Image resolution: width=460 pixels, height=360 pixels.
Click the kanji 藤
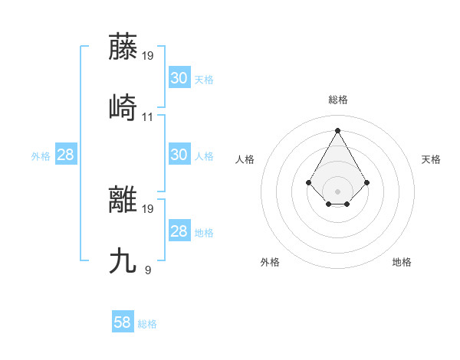(123, 47)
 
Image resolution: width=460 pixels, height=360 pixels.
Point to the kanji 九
(123, 260)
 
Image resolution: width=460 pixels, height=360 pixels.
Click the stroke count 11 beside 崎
(148, 117)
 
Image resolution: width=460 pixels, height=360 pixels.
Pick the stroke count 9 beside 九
(147, 270)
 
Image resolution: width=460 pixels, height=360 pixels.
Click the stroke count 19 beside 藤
(149, 55)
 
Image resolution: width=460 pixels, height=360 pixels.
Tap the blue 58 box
(123, 322)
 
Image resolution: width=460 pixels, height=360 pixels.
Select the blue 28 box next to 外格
(66, 155)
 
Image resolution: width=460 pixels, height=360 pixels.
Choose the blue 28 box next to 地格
(179, 231)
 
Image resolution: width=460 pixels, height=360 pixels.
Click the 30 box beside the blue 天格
(179, 78)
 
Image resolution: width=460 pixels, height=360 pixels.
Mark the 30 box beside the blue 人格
(179, 155)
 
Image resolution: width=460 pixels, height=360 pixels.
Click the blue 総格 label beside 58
(147, 324)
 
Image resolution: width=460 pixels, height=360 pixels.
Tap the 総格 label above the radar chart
(338, 100)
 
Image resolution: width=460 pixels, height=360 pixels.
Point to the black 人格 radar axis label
(245, 159)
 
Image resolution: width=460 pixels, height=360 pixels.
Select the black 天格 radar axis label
(431, 159)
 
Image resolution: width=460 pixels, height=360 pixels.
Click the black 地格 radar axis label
(402, 262)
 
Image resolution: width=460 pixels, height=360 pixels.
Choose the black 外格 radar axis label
(270, 262)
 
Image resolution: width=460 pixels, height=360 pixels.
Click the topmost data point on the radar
(338, 129)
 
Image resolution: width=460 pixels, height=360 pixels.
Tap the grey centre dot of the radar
(338, 191)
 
